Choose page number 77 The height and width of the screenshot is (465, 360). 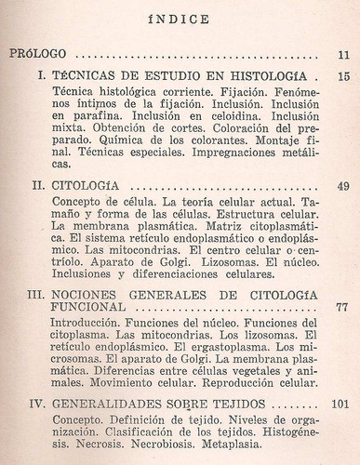point(341,306)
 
